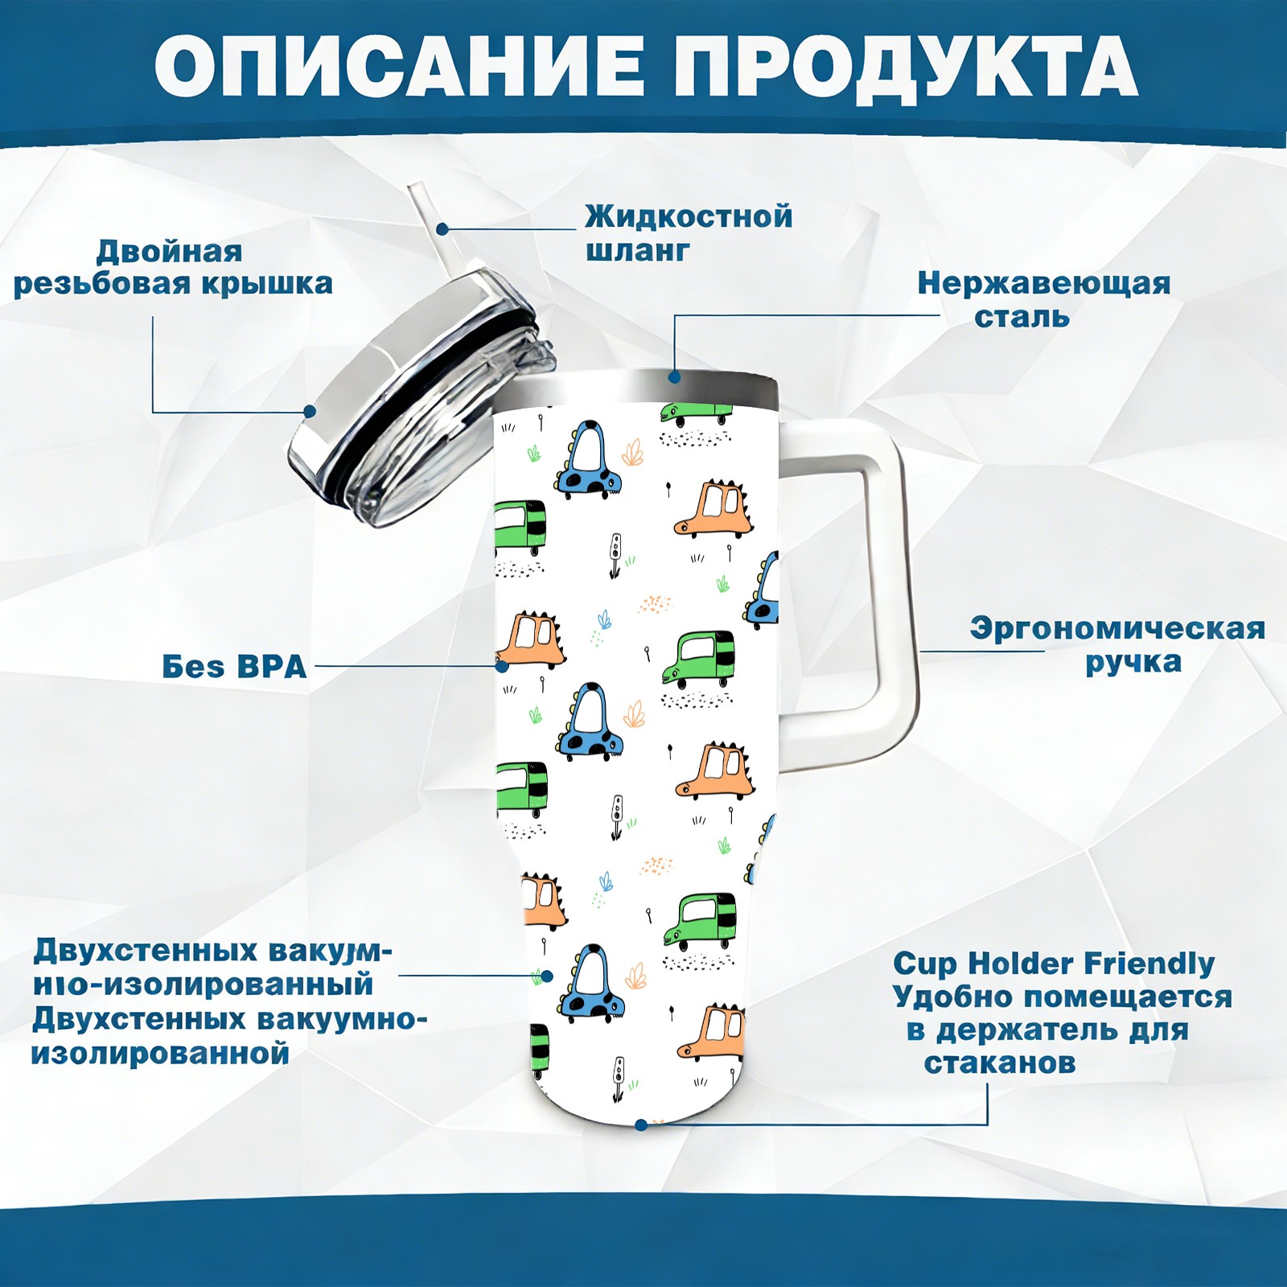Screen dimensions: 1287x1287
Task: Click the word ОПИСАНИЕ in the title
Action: (400, 68)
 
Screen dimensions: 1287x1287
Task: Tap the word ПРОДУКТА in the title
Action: (905, 68)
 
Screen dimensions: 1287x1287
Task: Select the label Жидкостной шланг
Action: (688, 233)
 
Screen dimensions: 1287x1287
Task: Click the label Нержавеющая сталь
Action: (1043, 299)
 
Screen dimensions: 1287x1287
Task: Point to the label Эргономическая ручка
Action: (1117, 645)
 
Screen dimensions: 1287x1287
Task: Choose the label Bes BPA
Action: (234, 667)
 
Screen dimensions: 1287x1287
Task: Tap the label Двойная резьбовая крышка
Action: (172, 268)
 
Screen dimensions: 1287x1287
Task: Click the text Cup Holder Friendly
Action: (1054, 963)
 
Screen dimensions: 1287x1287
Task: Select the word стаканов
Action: (999, 1063)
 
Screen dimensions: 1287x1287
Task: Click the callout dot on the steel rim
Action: (674, 376)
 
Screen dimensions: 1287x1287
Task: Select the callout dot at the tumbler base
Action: (641, 1125)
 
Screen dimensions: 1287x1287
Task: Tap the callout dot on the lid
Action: (310, 412)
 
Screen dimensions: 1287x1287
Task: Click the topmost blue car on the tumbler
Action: (590, 460)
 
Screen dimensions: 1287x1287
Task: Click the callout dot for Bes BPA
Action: (502, 666)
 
